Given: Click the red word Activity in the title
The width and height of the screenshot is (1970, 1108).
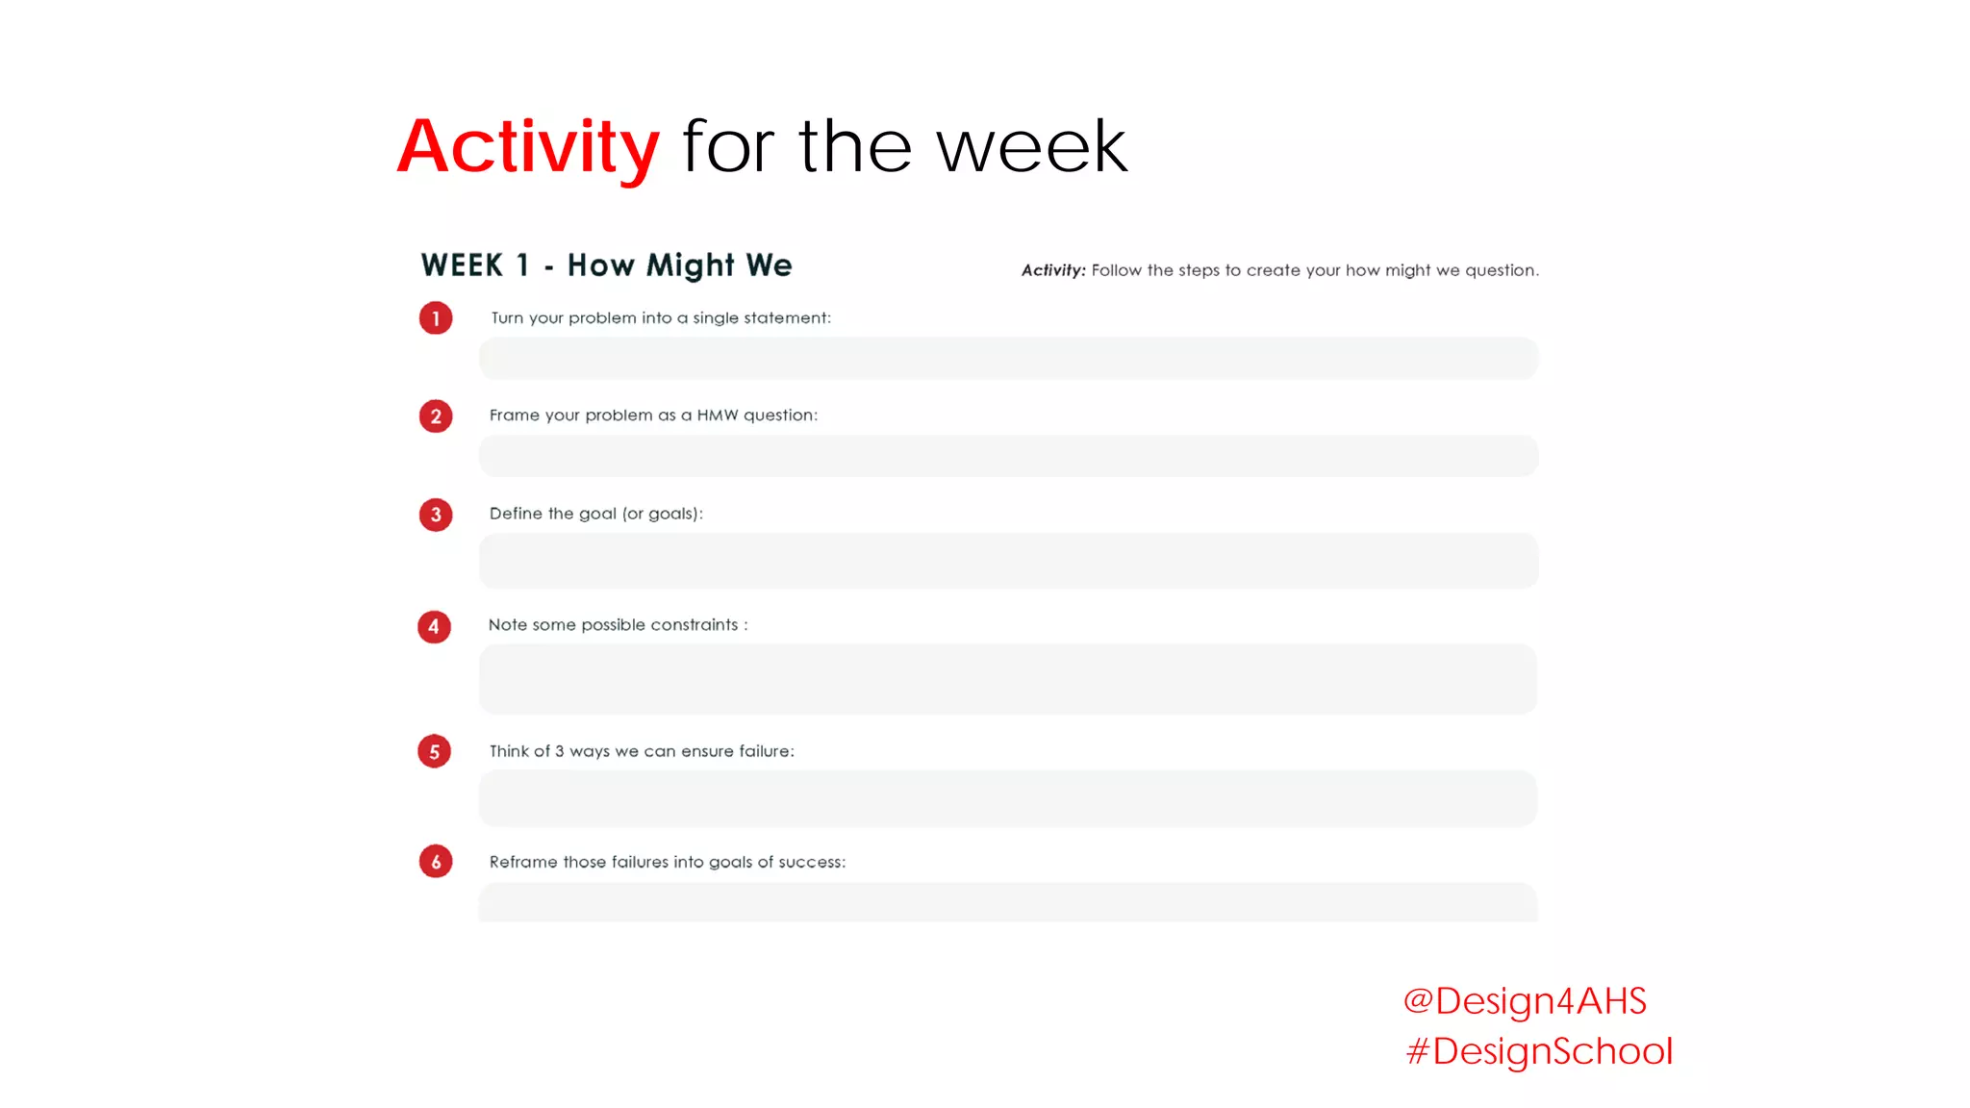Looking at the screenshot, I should (x=528, y=147).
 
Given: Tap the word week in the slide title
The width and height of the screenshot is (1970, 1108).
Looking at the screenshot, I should (x=1031, y=147).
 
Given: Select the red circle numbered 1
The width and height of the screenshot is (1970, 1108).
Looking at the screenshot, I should (x=436, y=318).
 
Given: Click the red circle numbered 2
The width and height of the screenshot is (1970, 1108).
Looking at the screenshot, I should (x=436, y=416).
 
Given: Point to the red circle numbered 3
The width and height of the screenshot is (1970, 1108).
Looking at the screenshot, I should (x=436, y=515).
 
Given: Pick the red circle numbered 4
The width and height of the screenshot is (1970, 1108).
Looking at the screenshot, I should (x=434, y=627).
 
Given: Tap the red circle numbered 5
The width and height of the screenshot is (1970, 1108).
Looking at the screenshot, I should (x=434, y=752).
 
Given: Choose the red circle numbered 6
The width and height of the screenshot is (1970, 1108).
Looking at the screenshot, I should (x=436, y=862).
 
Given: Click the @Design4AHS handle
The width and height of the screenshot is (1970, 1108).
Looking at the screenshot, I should (x=1525, y=1001).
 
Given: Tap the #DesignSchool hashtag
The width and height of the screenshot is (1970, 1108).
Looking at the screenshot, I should (x=1539, y=1051).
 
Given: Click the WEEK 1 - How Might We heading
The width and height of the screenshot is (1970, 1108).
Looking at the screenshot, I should (x=606, y=265).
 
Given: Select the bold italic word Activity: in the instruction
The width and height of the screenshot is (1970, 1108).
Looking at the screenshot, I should (x=1053, y=270).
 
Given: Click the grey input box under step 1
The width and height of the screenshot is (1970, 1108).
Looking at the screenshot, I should (x=1008, y=358).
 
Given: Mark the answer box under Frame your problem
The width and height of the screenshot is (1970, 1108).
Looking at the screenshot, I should (x=1008, y=456).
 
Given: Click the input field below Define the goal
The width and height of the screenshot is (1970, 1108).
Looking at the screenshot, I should (x=1008, y=561).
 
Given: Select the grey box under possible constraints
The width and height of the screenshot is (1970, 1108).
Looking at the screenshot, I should (x=1008, y=679).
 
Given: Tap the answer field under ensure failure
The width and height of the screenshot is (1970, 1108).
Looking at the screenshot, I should (x=1008, y=798).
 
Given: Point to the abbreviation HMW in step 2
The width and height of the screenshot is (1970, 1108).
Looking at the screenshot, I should (x=718, y=415).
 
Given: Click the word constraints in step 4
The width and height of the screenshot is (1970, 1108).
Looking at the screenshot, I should (x=694, y=625).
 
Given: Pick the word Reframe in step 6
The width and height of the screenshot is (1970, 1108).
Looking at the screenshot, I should (x=523, y=863).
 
